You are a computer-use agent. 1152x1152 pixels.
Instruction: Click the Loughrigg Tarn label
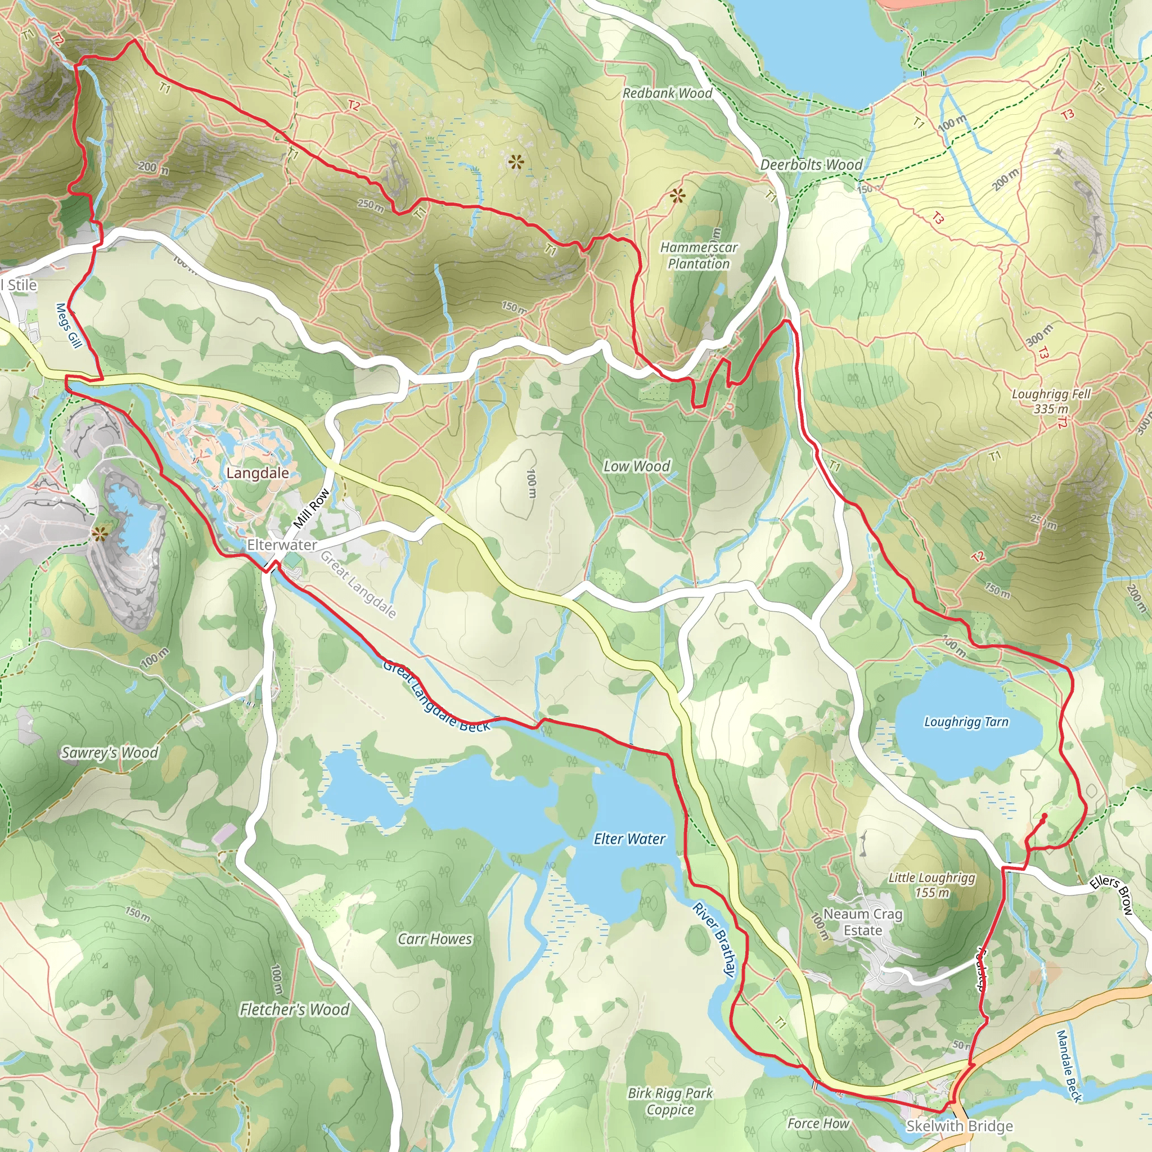(966, 722)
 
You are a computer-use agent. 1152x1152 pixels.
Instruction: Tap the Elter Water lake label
(629, 839)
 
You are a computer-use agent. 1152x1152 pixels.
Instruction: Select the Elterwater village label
(281, 544)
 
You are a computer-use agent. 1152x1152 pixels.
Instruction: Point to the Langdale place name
(258, 473)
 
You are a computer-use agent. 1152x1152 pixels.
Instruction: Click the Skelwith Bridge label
(959, 1125)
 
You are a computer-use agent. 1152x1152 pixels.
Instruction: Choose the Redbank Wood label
(667, 93)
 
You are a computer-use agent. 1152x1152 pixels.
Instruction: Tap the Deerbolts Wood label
(811, 165)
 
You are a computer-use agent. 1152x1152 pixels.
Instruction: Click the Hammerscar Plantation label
(698, 255)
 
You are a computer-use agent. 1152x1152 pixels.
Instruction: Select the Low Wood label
(637, 466)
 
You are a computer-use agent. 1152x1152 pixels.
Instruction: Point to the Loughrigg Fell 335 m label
(1051, 400)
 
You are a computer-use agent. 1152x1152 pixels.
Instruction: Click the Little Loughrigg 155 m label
(931, 885)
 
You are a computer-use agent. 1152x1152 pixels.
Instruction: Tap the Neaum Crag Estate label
(862, 922)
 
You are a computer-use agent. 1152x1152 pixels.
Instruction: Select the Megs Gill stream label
(68, 326)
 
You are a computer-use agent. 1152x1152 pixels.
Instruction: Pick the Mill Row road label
(311, 508)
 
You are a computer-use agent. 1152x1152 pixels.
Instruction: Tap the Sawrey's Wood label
(110, 753)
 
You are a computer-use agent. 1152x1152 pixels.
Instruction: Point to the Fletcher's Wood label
(294, 1009)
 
